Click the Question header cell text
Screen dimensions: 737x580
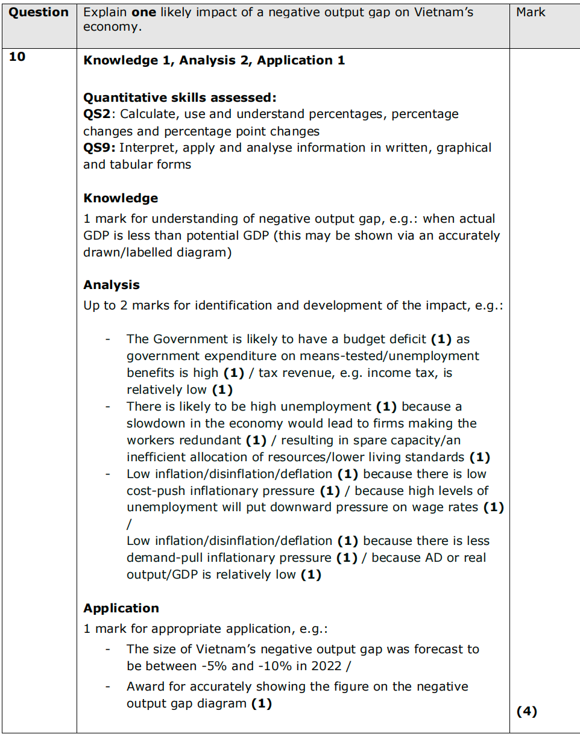click(x=39, y=13)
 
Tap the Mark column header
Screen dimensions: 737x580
click(x=531, y=13)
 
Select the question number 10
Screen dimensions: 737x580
click(x=18, y=58)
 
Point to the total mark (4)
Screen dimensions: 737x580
click(x=526, y=711)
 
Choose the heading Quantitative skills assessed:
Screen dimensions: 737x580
click(x=180, y=98)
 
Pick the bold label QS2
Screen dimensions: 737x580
click(x=96, y=114)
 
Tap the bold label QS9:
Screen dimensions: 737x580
click(x=99, y=148)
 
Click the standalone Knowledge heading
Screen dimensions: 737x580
click(x=121, y=199)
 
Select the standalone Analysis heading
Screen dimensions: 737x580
click(x=112, y=285)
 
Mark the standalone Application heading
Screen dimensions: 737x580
click(x=121, y=608)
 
